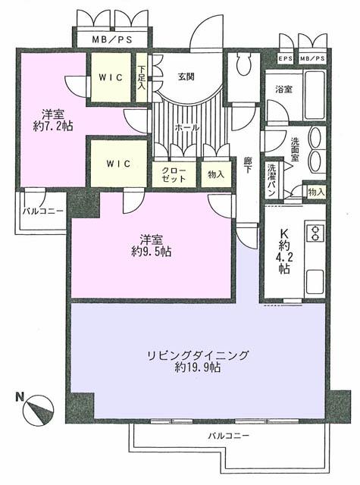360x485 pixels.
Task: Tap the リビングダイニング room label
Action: [197, 355]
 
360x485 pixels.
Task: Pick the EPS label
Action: [286, 59]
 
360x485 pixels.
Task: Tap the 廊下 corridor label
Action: [248, 166]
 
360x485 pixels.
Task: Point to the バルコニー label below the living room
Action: [229, 436]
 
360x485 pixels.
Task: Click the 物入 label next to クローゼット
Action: [216, 175]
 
